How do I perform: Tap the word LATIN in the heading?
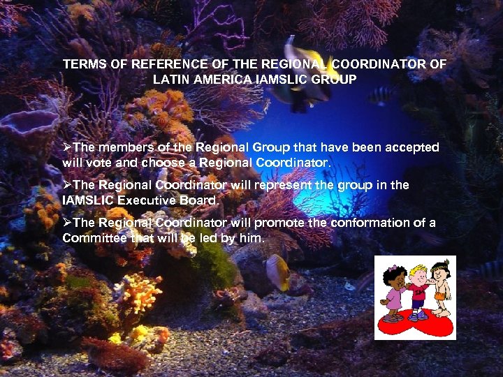(x=170, y=80)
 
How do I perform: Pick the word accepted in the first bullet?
(x=411, y=147)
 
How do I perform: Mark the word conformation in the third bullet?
(x=371, y=223)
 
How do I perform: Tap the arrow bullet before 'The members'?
(x=67, y=147)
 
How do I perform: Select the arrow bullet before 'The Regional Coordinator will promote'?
(x=67, y=223)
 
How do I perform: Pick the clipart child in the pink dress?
(x=393, y=293)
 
